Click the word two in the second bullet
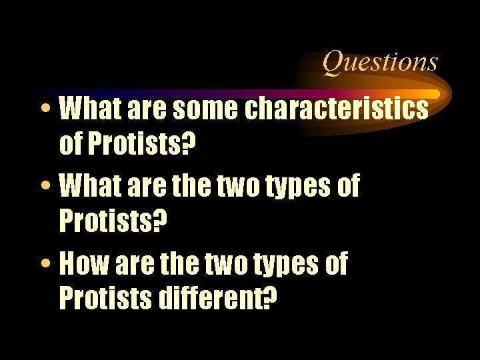pyautogui.click(x=236, y=188)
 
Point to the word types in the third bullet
pyautogui.click(x=285, y=266)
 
